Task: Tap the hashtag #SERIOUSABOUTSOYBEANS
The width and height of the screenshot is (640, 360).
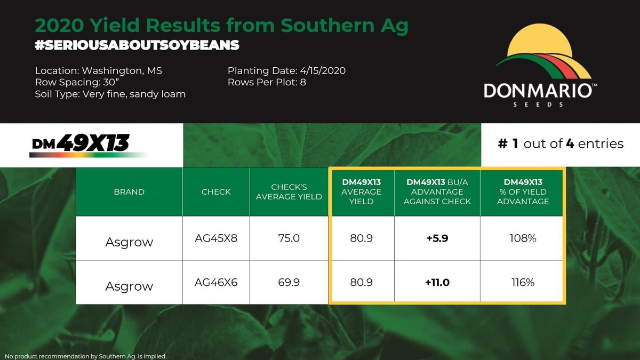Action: (137, 45)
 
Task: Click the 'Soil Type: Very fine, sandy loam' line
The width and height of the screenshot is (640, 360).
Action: (110, 94)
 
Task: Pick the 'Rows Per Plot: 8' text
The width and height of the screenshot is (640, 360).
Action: (267, 83)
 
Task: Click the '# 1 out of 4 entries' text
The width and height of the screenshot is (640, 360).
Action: (560, 143)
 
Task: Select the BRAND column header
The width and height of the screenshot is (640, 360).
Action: (129, 192)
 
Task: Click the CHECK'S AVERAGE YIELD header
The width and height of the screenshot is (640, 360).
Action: (289, 192)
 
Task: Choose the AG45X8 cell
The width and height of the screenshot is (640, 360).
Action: (216, 238)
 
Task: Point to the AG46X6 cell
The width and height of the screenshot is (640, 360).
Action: (216, 283)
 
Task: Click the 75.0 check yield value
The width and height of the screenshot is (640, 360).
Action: (289, 238)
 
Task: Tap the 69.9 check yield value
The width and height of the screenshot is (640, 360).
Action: (289, 283)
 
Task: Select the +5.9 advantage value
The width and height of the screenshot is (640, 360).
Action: (437, 238)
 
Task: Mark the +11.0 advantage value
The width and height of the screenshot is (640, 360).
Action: (437, 283)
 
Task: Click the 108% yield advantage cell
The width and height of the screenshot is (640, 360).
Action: (523, 238)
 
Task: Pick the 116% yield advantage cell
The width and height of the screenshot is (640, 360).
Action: (523, 283)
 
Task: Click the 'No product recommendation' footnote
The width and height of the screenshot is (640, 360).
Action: (85, 356)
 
